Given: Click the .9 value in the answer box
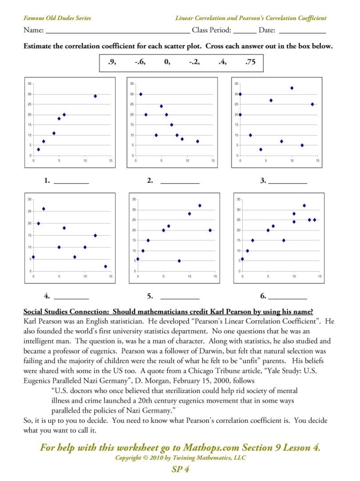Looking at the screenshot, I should click(112, 63).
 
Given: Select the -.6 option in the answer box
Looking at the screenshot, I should click(139, 63).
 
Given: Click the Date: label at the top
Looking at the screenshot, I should click(267, 30).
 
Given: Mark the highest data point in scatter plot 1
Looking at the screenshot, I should click(95, 96).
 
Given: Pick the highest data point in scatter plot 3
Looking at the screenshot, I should click(292, 88).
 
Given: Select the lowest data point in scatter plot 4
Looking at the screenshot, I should click(105, 266).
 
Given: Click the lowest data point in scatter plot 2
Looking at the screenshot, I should click(197, 141).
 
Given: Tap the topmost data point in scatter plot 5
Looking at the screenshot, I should click(200, 206).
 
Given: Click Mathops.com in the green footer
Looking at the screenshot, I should click(202, 448).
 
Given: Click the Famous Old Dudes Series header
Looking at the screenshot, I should click(57, 18).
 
